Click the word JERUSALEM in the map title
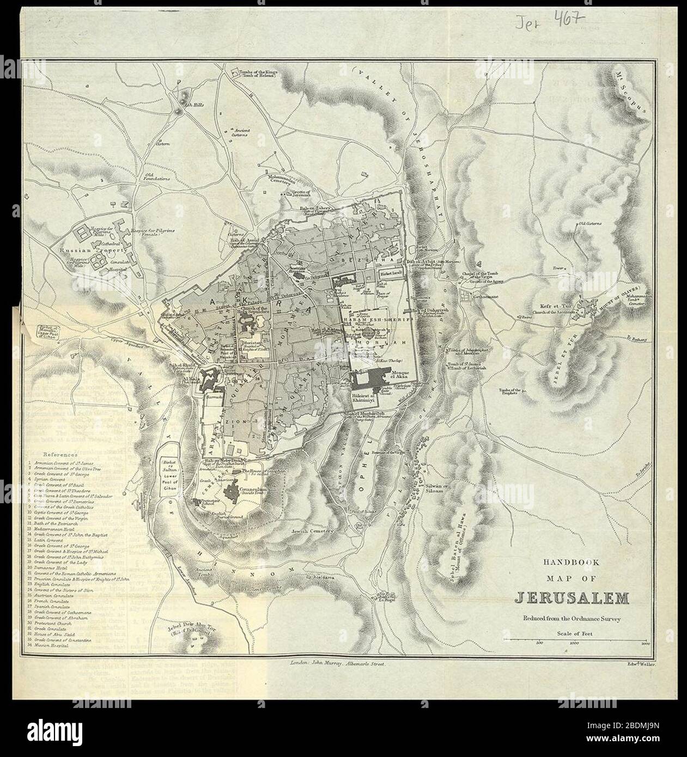click(x=572, y=599)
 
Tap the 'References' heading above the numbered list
click(x=61, y=454)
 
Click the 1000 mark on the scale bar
click(x=574, y=643)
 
